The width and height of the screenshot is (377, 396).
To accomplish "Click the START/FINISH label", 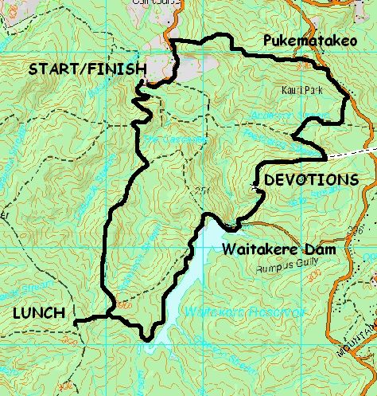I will (87, 69).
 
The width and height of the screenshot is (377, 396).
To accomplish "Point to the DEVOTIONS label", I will (311, 180).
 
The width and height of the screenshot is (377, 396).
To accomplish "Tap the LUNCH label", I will (38, 313).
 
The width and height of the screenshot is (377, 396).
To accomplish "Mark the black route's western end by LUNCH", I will (76, 323).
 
